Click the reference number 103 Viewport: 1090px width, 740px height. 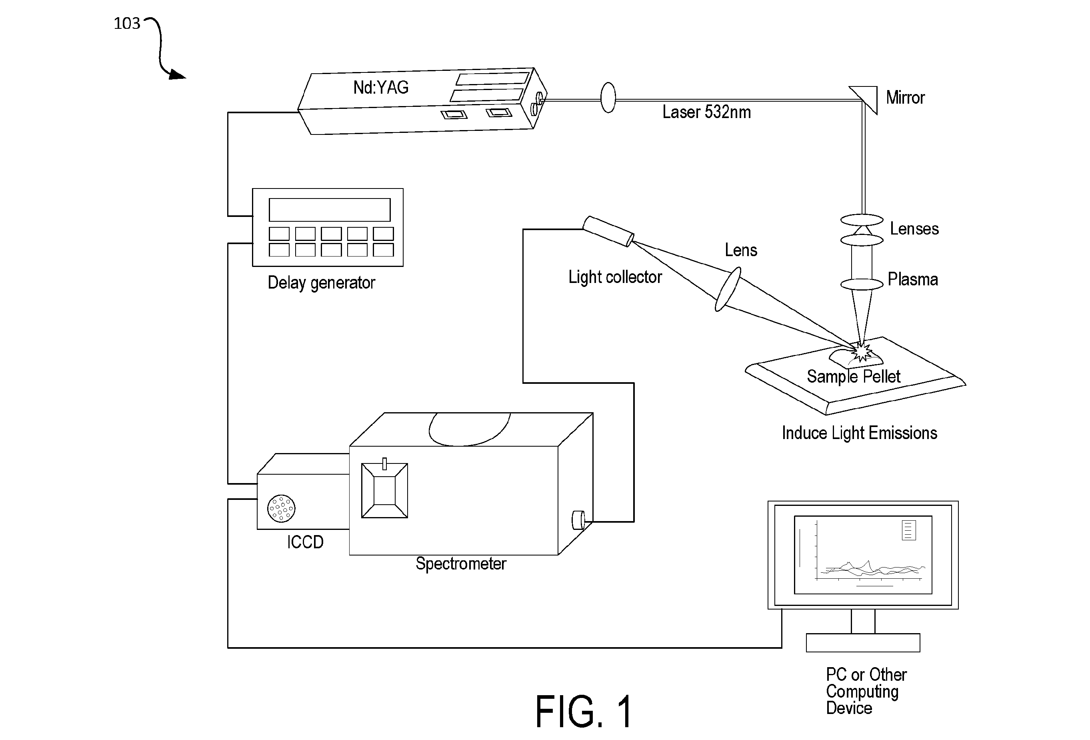coord(127,24)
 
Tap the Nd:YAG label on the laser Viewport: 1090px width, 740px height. coord(381,87)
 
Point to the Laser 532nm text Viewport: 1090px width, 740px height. coord(706,112)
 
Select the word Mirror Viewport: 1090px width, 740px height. coord(905,98)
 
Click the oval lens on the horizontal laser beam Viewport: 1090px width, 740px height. coord(608,98)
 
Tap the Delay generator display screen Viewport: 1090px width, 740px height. coord(329,210)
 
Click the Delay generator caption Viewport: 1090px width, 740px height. coord(321,283)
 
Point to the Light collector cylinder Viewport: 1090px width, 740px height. coord(608,231)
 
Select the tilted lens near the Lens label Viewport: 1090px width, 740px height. coord(728,289)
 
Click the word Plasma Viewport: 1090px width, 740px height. coord(913,279)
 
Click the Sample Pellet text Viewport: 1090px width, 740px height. coord(854,376)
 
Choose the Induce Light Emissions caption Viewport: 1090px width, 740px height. coord(859,433)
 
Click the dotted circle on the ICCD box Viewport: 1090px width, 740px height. coord(281,508)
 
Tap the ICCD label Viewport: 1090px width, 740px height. coord(305,542)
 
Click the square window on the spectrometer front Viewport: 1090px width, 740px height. coord(384,490)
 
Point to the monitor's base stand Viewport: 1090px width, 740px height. coord(863,642)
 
